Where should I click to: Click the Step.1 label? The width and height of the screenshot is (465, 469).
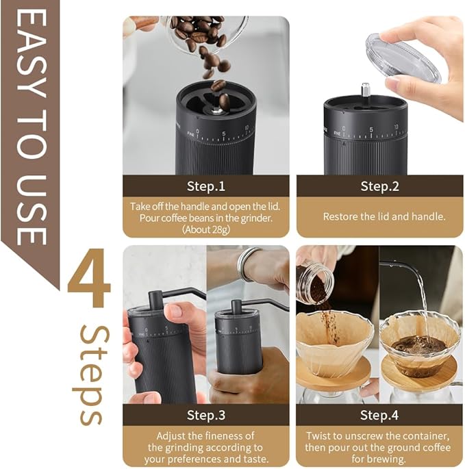pyautogui.click(x=205, y=186)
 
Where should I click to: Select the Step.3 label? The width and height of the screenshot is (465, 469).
pyautogui.click(x=205, y=414)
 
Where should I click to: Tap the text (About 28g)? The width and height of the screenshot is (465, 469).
pyautogui.click(x=205, y=228)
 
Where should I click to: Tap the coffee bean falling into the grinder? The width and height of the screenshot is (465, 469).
pyautogui.click(x=218, y=86)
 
